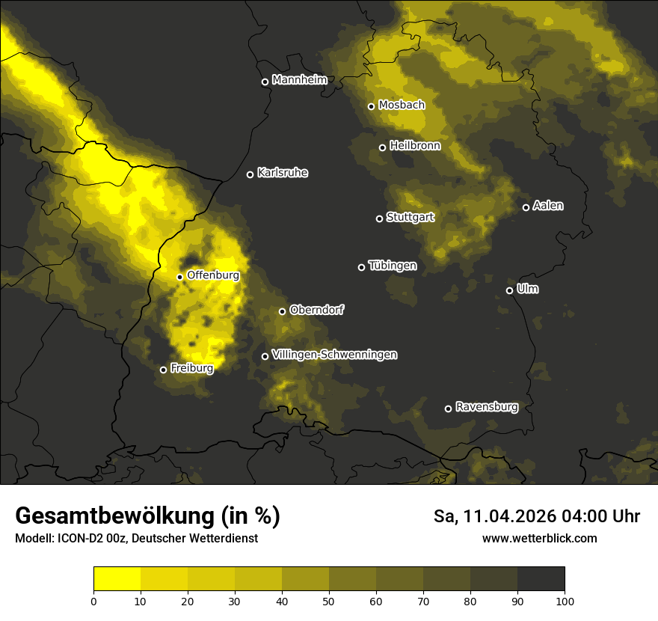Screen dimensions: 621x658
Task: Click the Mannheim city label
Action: [300, 80]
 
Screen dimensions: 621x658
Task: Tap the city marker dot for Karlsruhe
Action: [250, 174]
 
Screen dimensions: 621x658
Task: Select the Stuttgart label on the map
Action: [410, 218]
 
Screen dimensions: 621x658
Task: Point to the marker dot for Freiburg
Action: [163, 370]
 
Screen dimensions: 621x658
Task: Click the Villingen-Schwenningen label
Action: [334, 355]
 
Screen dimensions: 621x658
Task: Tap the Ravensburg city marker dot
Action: [448, 409]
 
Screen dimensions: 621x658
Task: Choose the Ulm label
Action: [527, 289]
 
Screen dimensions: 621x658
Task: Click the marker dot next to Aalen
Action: [526, 207]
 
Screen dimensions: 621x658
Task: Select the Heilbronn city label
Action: [415, 146]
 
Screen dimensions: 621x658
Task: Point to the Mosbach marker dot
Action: [371, 106]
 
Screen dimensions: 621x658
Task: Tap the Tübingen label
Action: [393, 266]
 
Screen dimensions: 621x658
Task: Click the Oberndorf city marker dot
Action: [282, 311]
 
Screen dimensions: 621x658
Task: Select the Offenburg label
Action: [213, 275]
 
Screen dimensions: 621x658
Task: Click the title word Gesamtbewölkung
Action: [112, 516]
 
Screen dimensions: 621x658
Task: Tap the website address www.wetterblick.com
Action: [539, 538]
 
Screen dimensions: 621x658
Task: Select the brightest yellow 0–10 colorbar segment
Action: [117, 578]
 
